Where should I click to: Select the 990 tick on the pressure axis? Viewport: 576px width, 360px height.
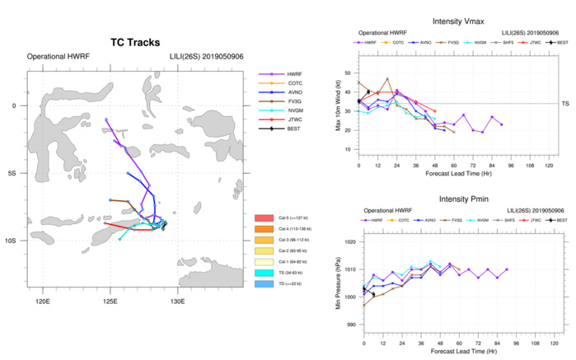pos(352,325)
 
